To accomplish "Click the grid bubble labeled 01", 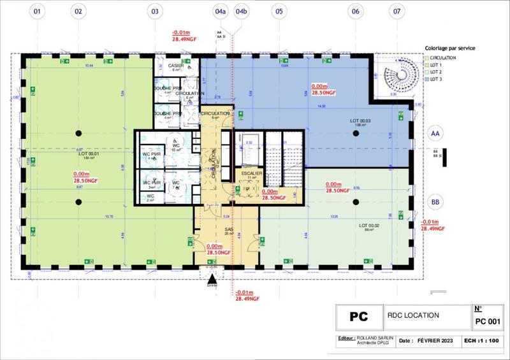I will (38, 11).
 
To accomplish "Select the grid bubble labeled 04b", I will (242, 11).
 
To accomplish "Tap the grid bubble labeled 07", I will (398, 11).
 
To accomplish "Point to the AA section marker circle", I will (436, 134).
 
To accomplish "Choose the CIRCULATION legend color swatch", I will (427, 58).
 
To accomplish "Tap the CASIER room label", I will (176, 66).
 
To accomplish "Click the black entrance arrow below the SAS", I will (212, 277).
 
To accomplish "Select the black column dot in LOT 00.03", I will (356, 133).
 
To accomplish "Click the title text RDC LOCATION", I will (413, 315).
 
